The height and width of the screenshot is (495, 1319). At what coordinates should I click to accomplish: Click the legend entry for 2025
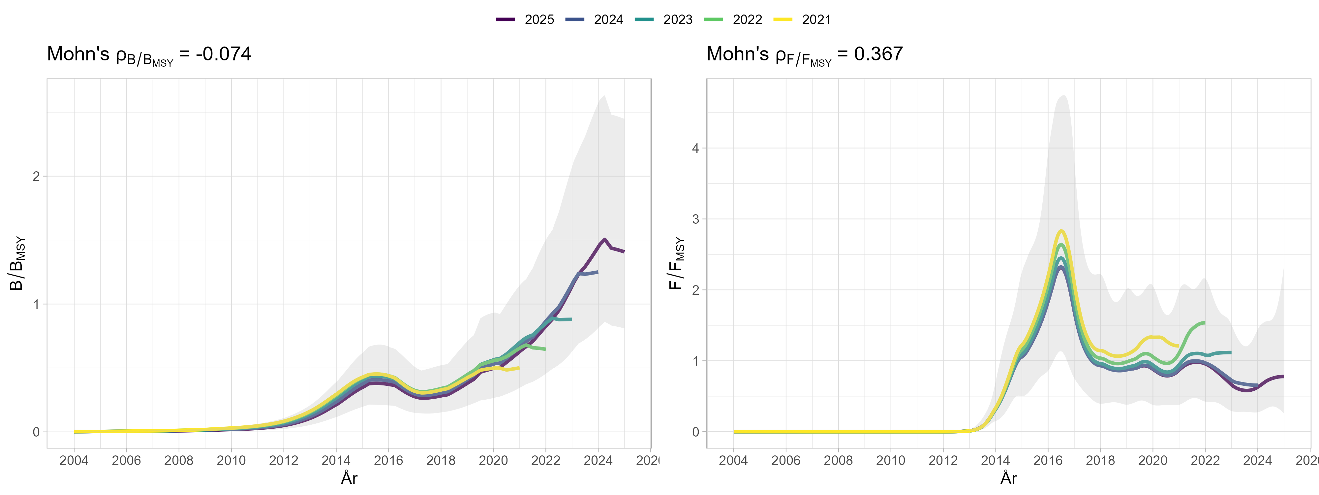tap(525, 19)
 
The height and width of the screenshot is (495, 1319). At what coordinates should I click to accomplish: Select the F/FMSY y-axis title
tap(676, 263)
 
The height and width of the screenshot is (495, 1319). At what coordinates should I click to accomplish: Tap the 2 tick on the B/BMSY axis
tap(36, 176)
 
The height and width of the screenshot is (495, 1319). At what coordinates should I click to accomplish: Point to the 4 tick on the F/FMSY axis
tap(695, 148)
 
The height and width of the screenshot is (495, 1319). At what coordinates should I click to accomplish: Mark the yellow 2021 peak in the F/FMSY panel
tap(1061, 231)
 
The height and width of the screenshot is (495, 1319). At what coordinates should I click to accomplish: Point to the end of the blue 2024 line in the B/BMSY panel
tap(597, 272)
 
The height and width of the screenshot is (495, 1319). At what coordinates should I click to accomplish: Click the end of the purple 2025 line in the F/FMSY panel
tap(1283, 377)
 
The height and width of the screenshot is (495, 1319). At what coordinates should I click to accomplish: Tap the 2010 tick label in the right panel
tap(890, 460)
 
